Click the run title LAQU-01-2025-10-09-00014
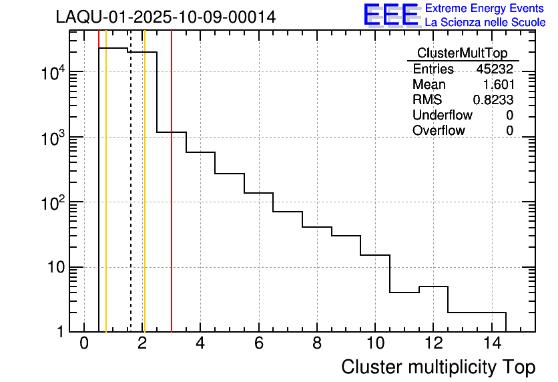click(166, 17)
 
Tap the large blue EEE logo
click(390, 15)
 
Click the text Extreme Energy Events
click(485, 9)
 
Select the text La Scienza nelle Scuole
click(485, 23)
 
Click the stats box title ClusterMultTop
click(462, 53)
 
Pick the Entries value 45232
click(495, 69)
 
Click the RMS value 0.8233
click(493, 100)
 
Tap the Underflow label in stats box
click(442, 115)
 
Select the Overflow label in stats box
click(439, 130)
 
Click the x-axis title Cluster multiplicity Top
click(438, 367)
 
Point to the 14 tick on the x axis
click(491, 345)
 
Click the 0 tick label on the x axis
click(84, 345)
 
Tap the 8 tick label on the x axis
click(316, 345)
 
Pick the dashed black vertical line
click(131, 200)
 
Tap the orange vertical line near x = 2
click(144, 200)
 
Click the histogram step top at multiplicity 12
click(433, 286)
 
